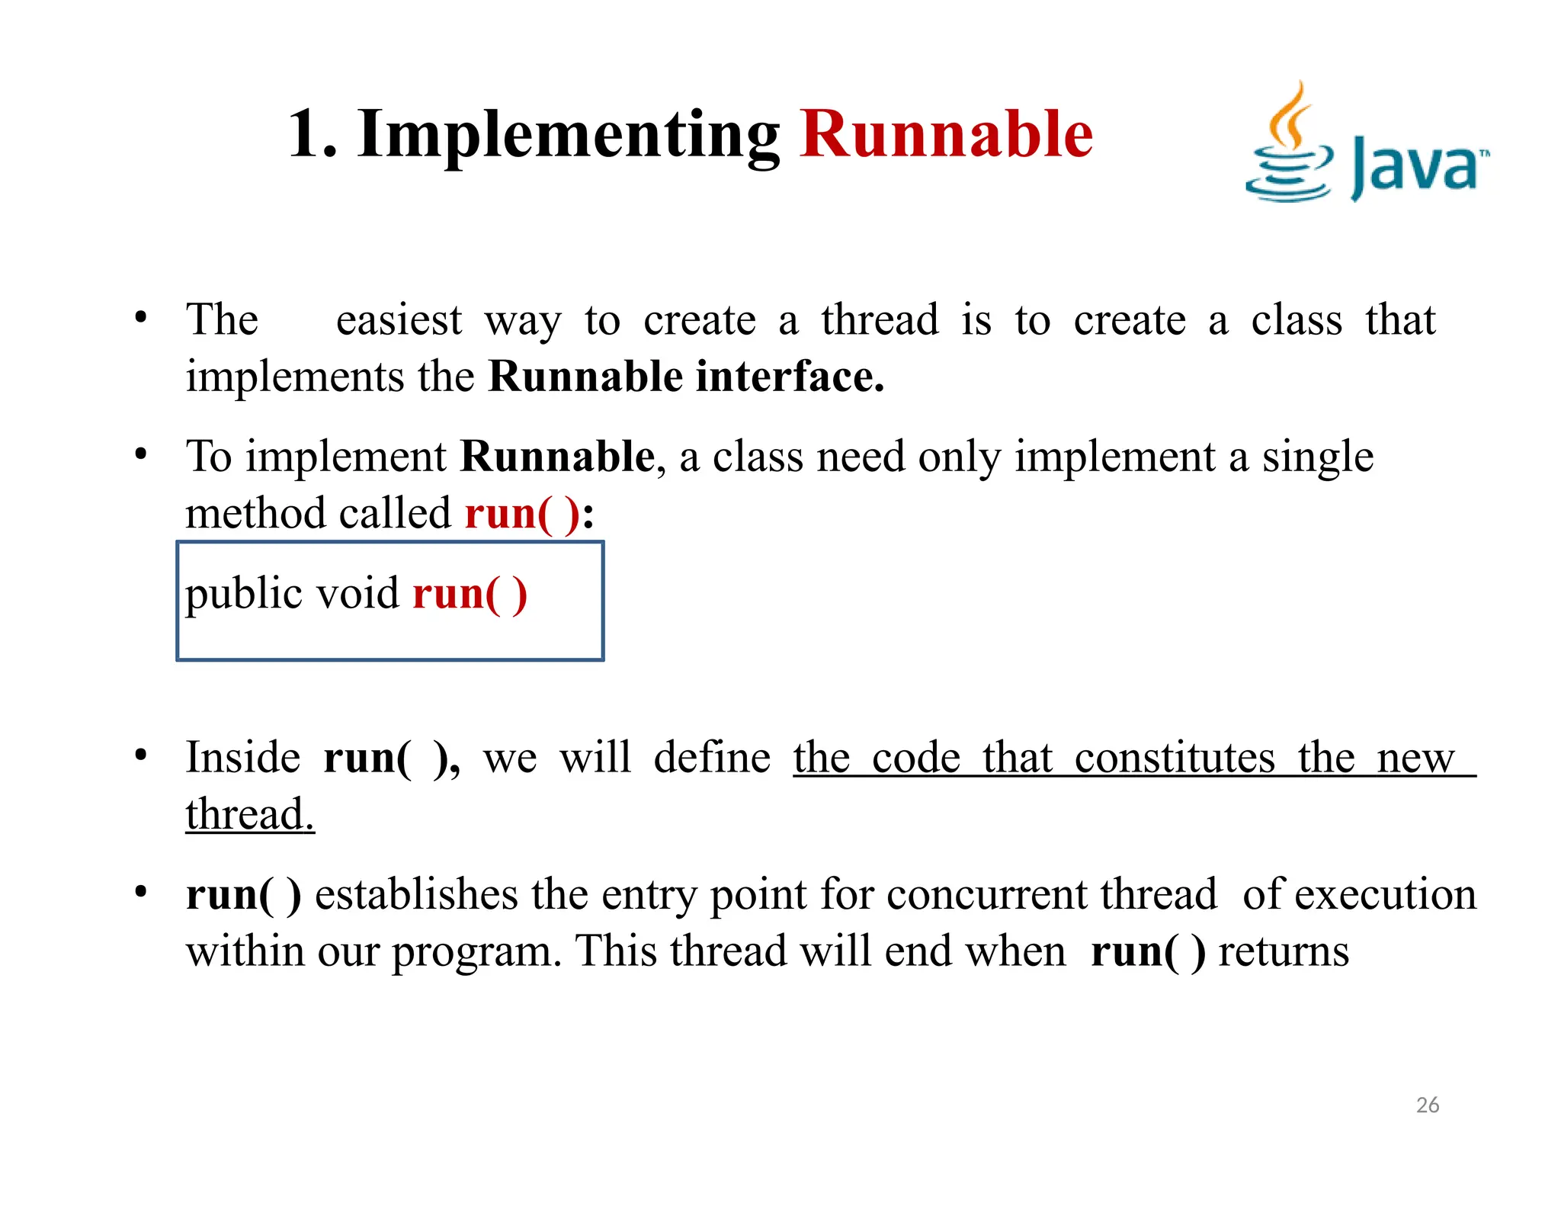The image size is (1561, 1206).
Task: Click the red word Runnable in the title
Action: click(946, 134)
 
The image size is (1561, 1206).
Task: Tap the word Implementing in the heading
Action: click(568, 136)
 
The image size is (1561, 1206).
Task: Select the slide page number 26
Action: click(1427, 1105)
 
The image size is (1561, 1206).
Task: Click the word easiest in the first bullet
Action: click(399, 320)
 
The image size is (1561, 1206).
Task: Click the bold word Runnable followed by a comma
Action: click(557, 457)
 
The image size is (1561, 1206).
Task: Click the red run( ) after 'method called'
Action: click(522, 514)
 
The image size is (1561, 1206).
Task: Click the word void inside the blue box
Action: click(357, 594)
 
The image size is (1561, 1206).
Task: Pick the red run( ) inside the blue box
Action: click(470, 595)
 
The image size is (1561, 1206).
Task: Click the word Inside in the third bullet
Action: click(242, 758)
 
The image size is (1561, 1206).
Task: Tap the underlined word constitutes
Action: click(1174, 759)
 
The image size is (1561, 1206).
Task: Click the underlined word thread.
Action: click(249, 814)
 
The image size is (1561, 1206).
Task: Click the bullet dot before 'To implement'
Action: click(140, 454)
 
